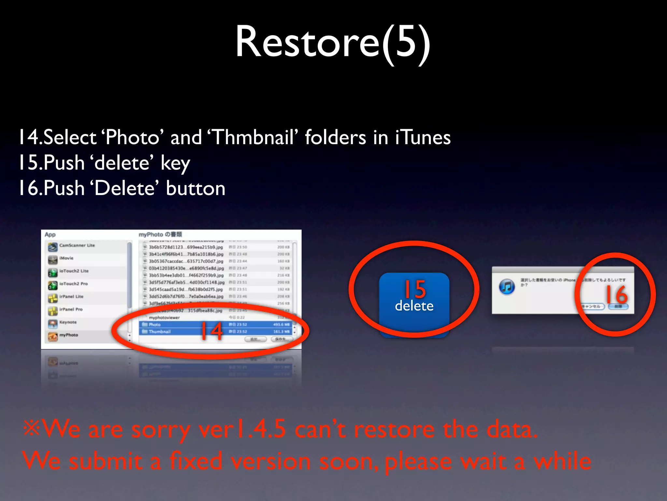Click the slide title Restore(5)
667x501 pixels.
pyautogui.click(x=333, y=42)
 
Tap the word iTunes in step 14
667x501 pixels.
pyautogui.click(x=423, y=137)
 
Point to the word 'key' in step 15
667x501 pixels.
pyautogui.click(x=175, y=163)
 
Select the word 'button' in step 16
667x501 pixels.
pyautogui.click(x=195, y=188)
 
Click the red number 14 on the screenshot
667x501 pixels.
pyautogui.click(x=212, y=331)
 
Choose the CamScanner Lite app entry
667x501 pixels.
pyautogui.click(x=77, y=246)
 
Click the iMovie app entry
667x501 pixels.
pyautogui.click(x=66, y=258)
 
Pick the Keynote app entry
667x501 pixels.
pyautogui.click(x=68, y=322)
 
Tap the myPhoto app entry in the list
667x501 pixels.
pyautogui.click(x=68, y=335)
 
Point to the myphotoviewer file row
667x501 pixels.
pyautogui.click(x=164, y=317)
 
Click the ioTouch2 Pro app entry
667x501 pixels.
pyautogui.click(x=73, y=284)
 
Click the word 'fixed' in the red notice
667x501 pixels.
pyautogui.click(x=195, y=461)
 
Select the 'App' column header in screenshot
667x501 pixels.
pyautogui.click(x=50, y=235)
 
